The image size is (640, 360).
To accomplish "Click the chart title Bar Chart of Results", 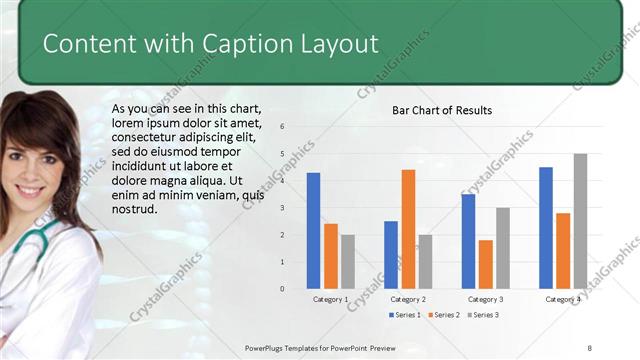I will tap(441, 110).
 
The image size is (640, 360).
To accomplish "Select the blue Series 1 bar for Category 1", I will tap(313, 230).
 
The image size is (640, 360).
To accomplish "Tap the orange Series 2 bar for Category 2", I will tap(408, 228).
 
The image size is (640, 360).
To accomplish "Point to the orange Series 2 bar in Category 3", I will tap(485, 264).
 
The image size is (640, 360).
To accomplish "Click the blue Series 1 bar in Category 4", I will tap(545, 227).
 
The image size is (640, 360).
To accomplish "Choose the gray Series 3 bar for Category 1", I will tap(347, 261).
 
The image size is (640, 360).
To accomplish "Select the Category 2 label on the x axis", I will tap(408, 299).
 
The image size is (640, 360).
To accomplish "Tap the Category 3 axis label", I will tap(485, 299).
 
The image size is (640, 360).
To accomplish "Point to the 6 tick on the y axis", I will tap(283, 127).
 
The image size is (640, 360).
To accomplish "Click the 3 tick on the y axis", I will tap(283, 208).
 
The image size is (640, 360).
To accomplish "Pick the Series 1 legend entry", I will tap(404, 315).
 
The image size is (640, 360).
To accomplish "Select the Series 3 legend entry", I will tap(481, 315).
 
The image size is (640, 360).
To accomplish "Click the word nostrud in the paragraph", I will tap(135, 210).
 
